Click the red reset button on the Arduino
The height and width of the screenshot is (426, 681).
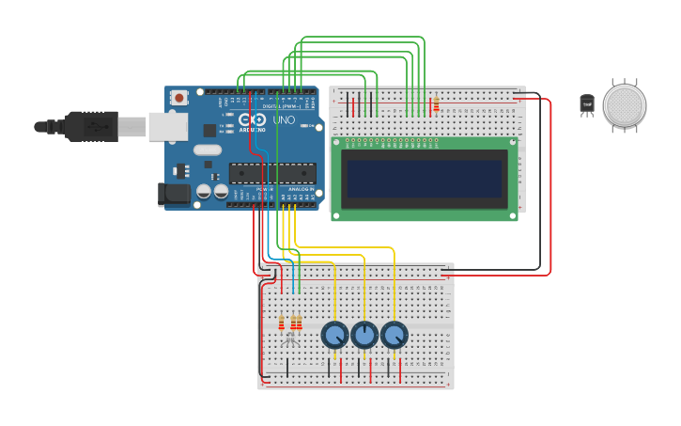point(178,97)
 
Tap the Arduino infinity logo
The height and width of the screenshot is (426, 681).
point(252,119)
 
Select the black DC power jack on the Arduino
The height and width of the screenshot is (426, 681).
point(172,195)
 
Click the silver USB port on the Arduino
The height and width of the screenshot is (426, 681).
point(167,126)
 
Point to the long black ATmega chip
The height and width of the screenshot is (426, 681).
point(271,173)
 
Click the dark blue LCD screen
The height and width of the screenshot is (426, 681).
point(424,178)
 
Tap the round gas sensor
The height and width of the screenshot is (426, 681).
point(625,105)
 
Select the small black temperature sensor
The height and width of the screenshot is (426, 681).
point(587,103)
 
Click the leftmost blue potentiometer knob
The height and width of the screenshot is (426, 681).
point(334,335)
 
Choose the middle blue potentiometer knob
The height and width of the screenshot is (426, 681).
point(364,335)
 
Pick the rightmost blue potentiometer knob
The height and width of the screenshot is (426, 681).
point(395,335)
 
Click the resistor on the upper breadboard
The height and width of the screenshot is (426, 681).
point(436,104)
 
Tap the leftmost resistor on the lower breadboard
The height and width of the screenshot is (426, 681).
point(281,323)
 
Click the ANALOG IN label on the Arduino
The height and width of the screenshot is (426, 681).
point(301,189)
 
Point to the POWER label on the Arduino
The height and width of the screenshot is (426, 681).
point(264,189)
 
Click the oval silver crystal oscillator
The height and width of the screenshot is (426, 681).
point(208,150)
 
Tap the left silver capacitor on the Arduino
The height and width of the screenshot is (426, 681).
point(204,191)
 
